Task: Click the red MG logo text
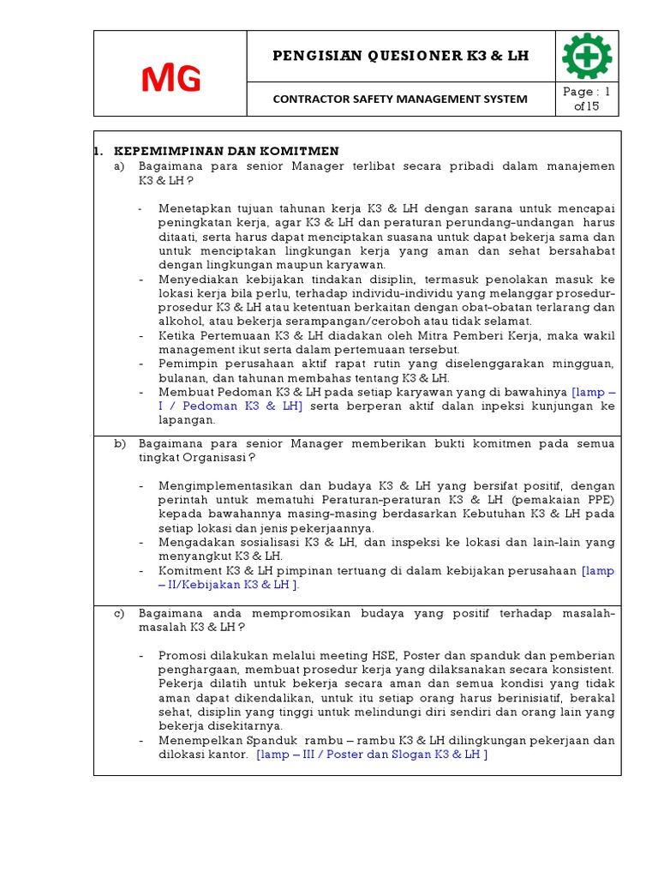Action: pos(170,80)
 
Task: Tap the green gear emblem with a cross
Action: pos(587,57)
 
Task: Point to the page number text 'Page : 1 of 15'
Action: pos(587,99)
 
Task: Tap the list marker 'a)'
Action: pos(120,165)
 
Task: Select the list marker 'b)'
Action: pos(120,443)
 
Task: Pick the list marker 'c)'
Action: pos(120,614)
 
